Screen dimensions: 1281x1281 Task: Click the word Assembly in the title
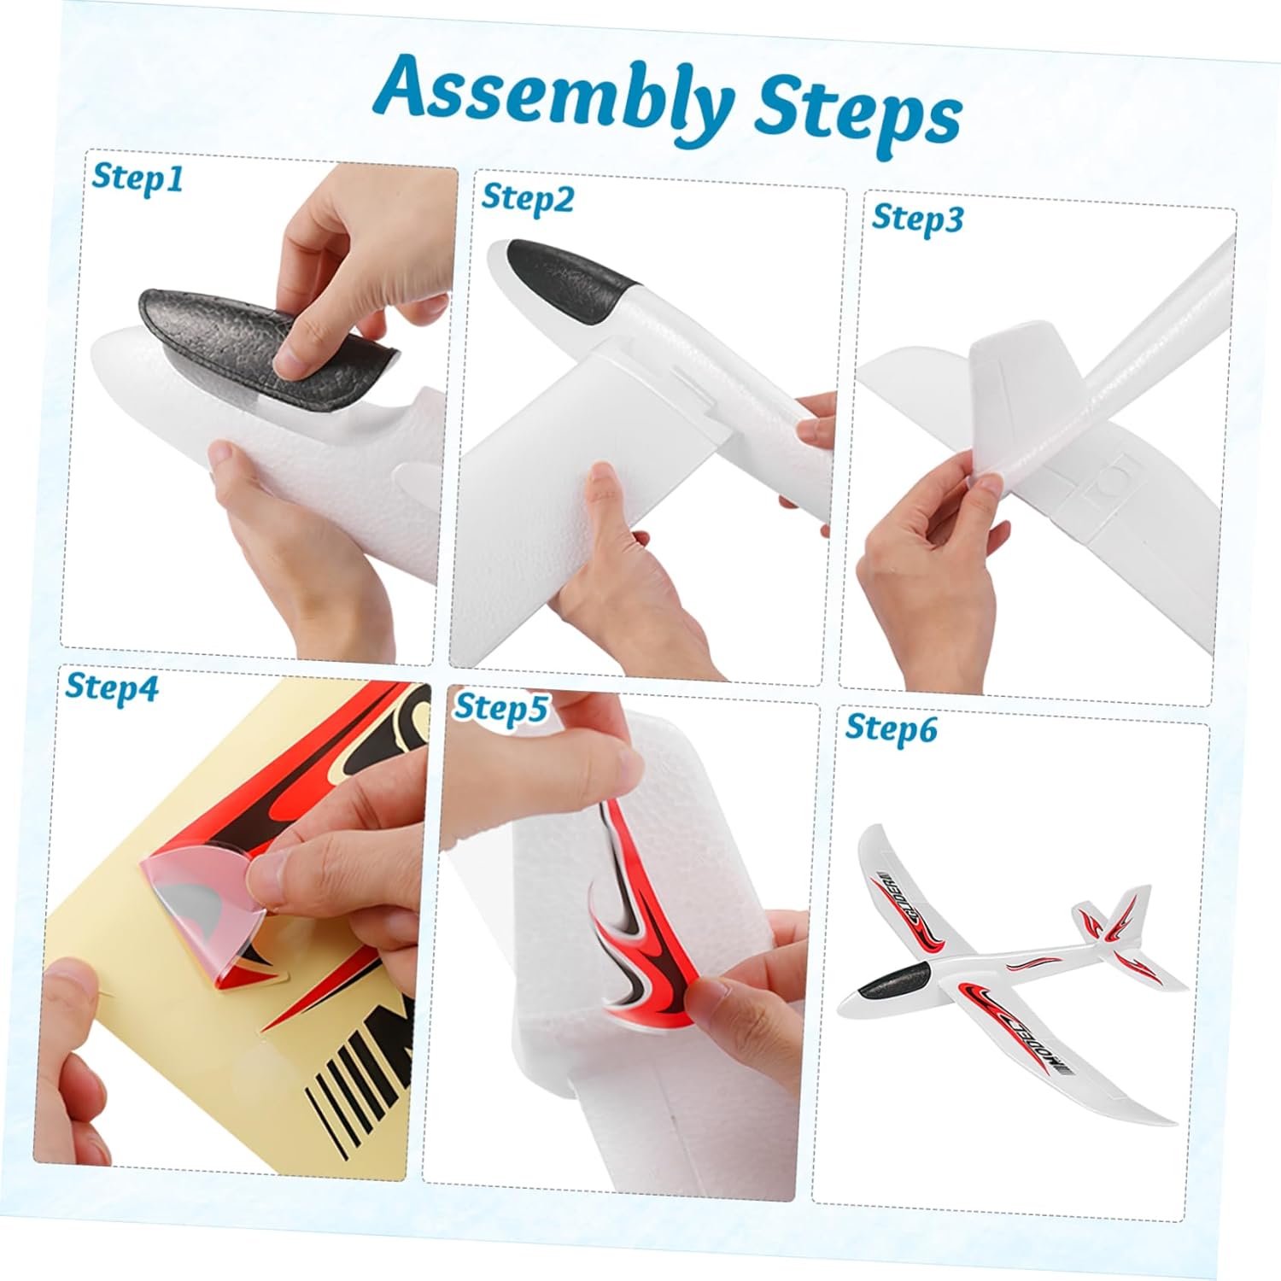click(x=554, y=97)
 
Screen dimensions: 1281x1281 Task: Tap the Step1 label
click(x=137, y=177)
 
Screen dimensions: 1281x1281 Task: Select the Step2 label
click(x=528, y=198)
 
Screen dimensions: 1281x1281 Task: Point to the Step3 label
click(x=917, y=219)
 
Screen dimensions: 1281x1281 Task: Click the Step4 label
click(x=112, y=688)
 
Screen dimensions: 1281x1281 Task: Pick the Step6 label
click(x=891, y=728)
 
